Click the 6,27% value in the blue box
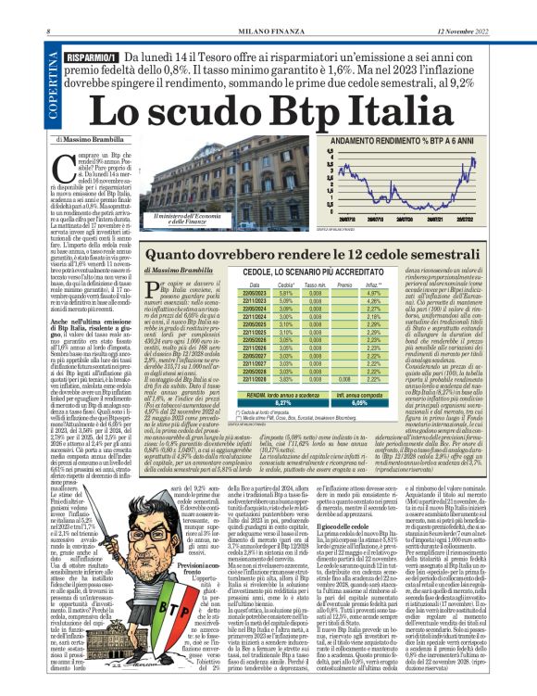tap(256, 377)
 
